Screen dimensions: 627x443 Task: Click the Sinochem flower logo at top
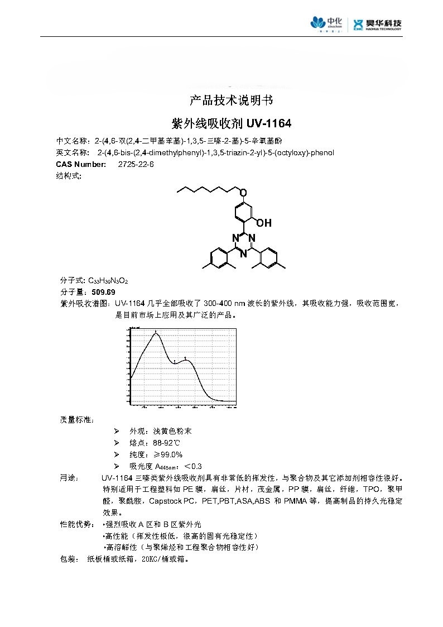click(x=319, y=23)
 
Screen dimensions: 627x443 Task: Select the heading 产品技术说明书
click(x=231, y=100)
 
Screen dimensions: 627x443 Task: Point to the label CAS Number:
click(x=81, y=164)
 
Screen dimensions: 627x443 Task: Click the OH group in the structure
click(x=264, y=223)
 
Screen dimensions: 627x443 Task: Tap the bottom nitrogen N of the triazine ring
click(x=243, y=254)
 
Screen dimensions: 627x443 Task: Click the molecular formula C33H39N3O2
click(x=112, y=280)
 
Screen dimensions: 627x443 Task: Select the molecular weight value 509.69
click(x=104, y=292)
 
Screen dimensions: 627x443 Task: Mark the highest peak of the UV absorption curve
click(x=156, y=334)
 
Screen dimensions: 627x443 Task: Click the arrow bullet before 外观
click(x=117, y=432)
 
